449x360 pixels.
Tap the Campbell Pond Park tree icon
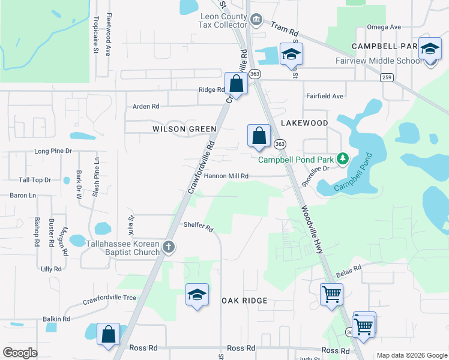343,159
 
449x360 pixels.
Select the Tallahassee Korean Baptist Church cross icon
169,247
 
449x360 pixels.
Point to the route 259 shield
387,77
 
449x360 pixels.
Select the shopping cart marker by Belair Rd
331,295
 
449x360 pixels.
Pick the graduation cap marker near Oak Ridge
197,295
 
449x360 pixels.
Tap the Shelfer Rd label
199,227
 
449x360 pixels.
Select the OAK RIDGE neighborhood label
244,300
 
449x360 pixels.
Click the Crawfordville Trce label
109,298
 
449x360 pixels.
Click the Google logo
20,353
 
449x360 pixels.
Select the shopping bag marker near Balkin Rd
108,335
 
